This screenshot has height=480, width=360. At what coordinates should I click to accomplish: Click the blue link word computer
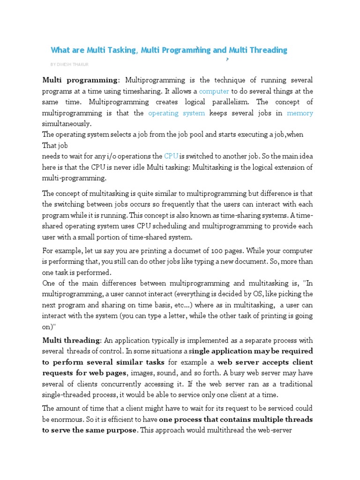[214, 91]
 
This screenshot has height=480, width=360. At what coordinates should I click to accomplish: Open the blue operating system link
[177, 113]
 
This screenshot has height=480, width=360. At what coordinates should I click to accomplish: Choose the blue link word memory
[300, 113]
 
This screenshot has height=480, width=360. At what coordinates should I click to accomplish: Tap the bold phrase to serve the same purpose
[89, 429]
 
